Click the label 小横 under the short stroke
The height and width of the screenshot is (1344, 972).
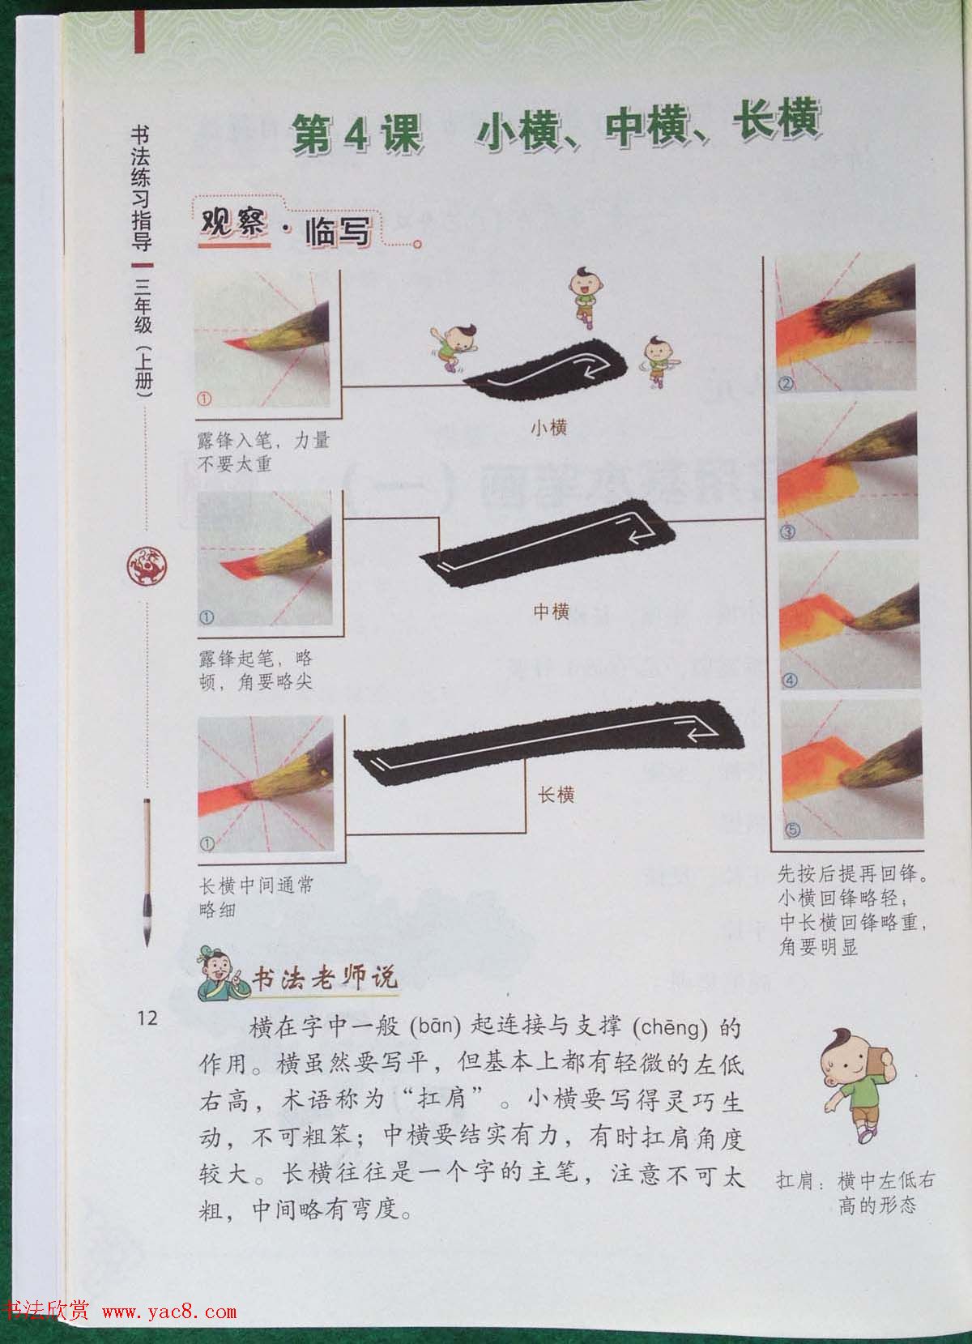[x=548, y=428]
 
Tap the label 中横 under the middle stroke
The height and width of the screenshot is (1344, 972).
[x=552, y=612]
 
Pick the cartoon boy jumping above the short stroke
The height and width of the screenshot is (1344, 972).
[x=581, y=297]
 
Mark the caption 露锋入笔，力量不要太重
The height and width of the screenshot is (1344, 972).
[x=263, y=452]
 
